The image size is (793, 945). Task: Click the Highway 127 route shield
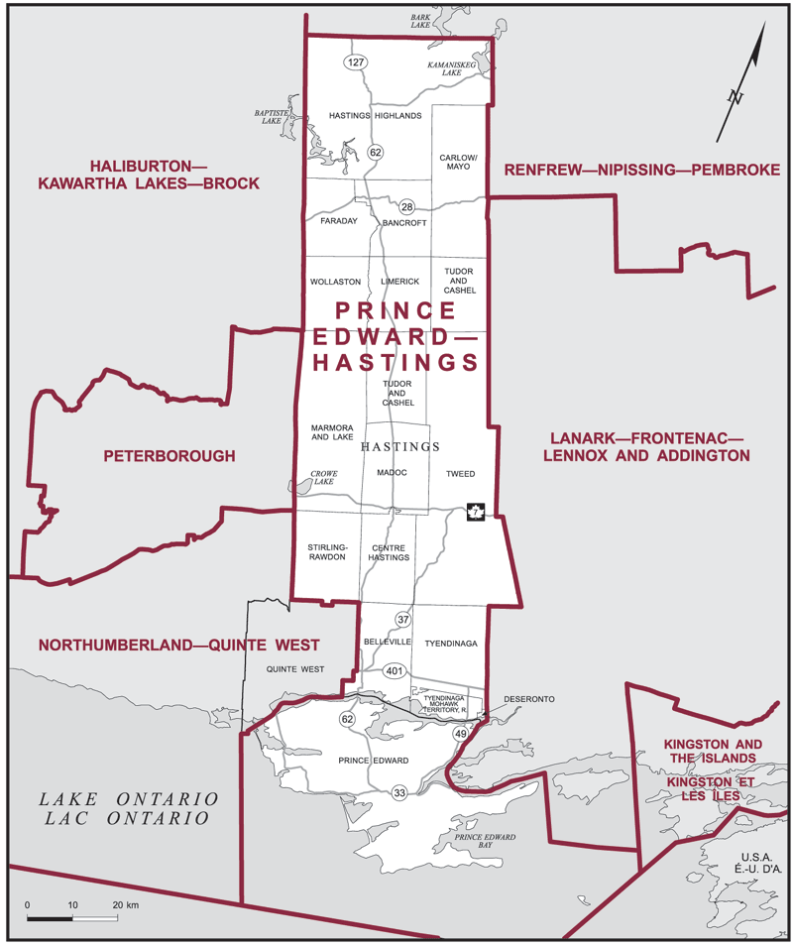tap(356, 62)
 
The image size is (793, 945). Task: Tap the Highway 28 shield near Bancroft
tap(406, 207)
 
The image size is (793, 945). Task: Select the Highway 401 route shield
tap(394, 671)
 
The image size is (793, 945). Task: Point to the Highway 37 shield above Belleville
tap(402, 620)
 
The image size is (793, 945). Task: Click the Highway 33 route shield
tap(399, 793)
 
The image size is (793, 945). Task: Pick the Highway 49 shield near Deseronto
tap(460, 734)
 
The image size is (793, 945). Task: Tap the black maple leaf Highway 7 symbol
tap(475, 513)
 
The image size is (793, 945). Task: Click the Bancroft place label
tap(404, 223)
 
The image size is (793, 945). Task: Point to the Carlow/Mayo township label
tap(459, 162)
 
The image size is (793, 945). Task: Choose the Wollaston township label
tap(335, 282)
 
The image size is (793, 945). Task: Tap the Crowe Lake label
tap(323, 480)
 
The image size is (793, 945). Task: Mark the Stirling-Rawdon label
tap(327, 552)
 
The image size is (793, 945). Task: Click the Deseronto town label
tap(528, 699)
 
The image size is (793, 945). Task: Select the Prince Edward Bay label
tap(485, 843)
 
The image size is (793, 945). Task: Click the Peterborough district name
tap(170, 456)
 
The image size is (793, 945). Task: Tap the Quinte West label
tap(295, 669)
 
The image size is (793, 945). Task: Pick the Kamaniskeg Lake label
tap(452, 68)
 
